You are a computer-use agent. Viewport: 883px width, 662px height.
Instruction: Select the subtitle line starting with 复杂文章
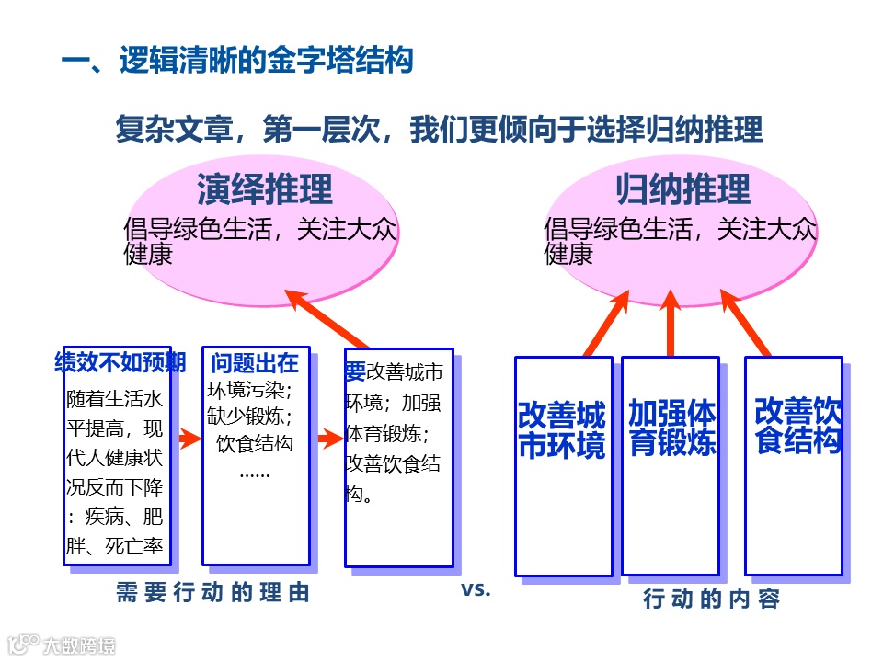coord(439,130)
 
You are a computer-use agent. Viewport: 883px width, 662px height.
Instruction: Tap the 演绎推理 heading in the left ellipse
coord(264,189)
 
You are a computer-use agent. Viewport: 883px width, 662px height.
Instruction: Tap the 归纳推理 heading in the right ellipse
coord(682,189)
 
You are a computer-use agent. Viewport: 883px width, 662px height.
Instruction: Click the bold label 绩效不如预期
coord(120,362)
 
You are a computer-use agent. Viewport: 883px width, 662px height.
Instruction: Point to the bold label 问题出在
coord(255,362)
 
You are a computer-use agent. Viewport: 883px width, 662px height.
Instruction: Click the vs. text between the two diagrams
coord(476,589)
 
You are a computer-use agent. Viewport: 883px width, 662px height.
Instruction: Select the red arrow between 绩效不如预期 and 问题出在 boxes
coord(187,439)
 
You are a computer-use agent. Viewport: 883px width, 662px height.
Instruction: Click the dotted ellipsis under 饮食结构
coord(255,474)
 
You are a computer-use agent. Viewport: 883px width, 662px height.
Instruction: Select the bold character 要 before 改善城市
coord(355,371)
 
